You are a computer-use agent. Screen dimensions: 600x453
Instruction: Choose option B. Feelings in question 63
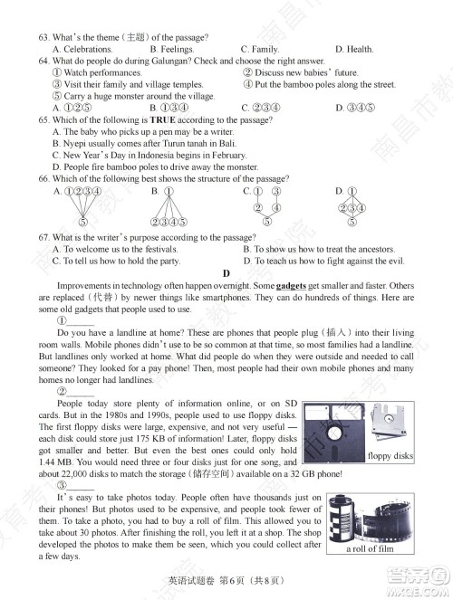point(171,49)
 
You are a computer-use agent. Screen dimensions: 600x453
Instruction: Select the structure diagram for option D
point(352,206)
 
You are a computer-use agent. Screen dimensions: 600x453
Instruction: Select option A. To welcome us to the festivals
point(116,249)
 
